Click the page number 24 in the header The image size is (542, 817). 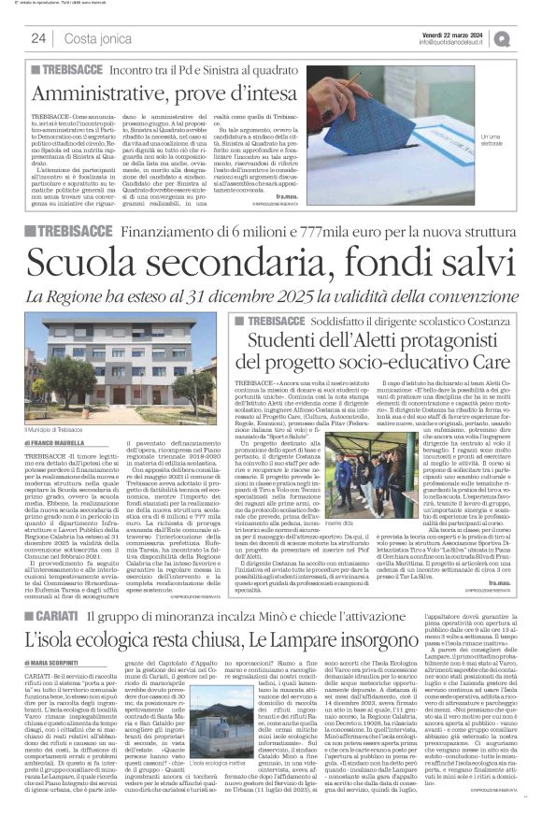[x=39, y=38]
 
